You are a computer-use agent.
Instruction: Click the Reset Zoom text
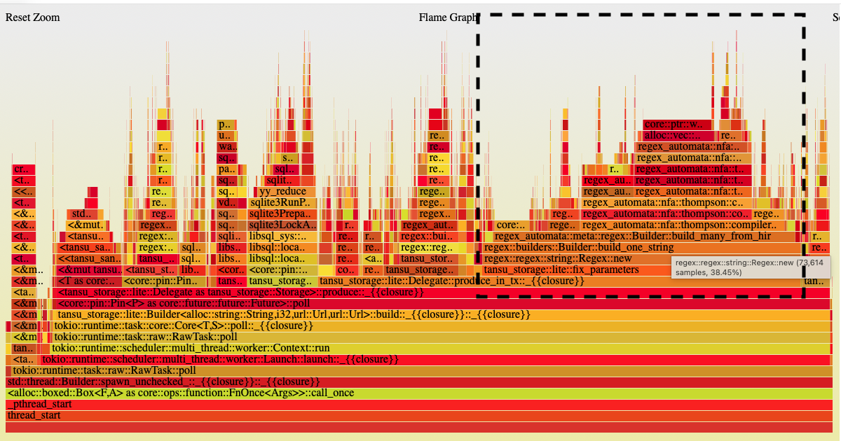(32, 17)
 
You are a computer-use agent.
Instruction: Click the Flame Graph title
(447, 17)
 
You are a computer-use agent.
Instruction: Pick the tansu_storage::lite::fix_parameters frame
(561, 270)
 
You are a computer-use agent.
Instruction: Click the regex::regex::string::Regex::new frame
(557, 259)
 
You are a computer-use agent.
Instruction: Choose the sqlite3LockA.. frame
(282, 225)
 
